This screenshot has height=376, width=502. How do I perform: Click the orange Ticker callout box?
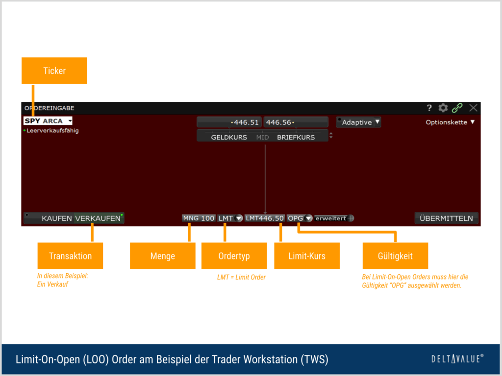point(54,70)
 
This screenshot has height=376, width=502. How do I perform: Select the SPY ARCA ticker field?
point(48,121)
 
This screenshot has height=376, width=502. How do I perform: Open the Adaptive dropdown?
point(358,122)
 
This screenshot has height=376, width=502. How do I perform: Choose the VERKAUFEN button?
point(98,218)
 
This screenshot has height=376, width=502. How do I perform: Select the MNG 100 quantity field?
point(199,218)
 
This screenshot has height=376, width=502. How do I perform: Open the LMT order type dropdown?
point(229,218)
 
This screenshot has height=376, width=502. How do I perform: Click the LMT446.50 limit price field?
point(264,218)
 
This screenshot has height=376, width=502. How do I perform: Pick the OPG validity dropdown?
point(299,218)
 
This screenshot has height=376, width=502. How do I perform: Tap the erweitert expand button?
point(334,218)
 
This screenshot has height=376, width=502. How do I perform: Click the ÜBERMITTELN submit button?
point(446,218)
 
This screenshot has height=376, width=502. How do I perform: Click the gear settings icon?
point(443,108)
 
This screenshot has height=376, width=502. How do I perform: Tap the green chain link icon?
point(457,108)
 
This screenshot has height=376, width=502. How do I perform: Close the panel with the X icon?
point(473,108)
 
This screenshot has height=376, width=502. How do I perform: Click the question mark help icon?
point(429,108)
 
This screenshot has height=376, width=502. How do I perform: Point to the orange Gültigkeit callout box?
point(395,256)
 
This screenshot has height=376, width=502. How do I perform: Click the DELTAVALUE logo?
point(457,359)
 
